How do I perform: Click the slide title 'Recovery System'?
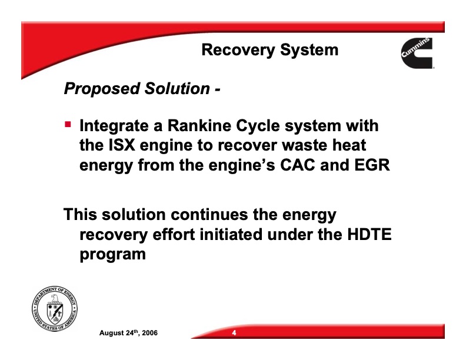click(269, 50)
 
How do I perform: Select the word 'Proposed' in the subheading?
click(95, 89)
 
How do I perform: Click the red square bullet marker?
click(68, 125)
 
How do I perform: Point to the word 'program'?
click(112, 255)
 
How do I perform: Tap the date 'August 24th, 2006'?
click(128, 334)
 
